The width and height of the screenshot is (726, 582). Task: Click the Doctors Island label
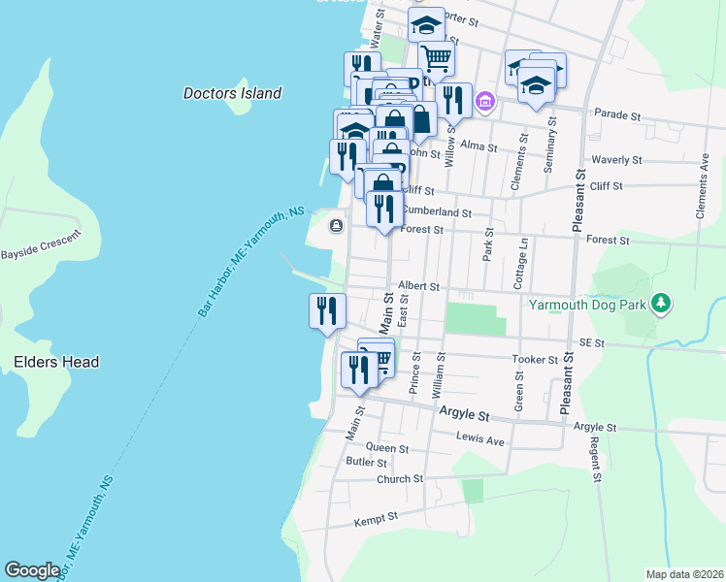tap(232, 94)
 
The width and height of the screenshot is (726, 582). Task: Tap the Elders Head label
tap(56, 362)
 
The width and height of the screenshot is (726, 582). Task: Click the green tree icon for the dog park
tap(661, 304)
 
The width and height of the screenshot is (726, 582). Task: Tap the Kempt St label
tap(377, 519)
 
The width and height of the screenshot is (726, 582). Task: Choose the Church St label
tap(400, 478)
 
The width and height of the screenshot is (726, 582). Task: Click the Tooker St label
tap(535, 359)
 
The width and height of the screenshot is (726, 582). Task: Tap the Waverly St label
tap(617, 159)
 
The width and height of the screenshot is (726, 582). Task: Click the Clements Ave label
tap(702, 183)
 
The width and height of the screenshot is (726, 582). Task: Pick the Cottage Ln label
tap(522, 262)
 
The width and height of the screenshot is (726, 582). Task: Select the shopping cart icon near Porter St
tap(436, 58)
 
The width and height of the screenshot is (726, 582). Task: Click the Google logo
tap(32, 570)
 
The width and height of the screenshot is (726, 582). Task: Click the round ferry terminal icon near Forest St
tap(336, 226)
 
